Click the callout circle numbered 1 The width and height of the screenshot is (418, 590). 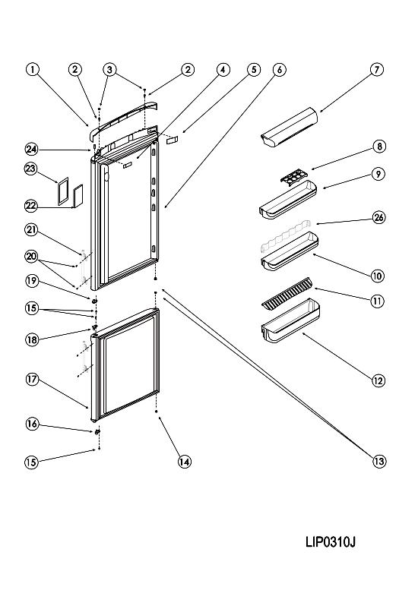click(33, 69)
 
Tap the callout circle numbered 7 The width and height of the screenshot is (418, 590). click(377, 70)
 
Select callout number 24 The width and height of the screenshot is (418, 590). click(32, 150)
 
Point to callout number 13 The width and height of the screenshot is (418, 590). click(379, 461)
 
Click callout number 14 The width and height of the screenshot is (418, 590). click(185, 462)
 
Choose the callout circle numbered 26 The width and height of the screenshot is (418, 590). click(379, 217)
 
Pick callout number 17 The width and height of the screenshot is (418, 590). click(32, 380)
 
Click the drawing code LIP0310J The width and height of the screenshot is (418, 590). click(331, 542)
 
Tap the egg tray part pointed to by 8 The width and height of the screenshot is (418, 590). click(293, 177)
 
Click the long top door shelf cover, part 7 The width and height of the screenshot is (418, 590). click(290, 127)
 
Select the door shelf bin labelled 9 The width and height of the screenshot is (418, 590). click(288, 200)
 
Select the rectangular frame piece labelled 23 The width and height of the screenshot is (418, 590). click(63, 191)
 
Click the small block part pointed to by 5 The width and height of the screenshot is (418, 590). click(172, 140)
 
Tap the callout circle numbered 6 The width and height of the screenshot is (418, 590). click(279, 70)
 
